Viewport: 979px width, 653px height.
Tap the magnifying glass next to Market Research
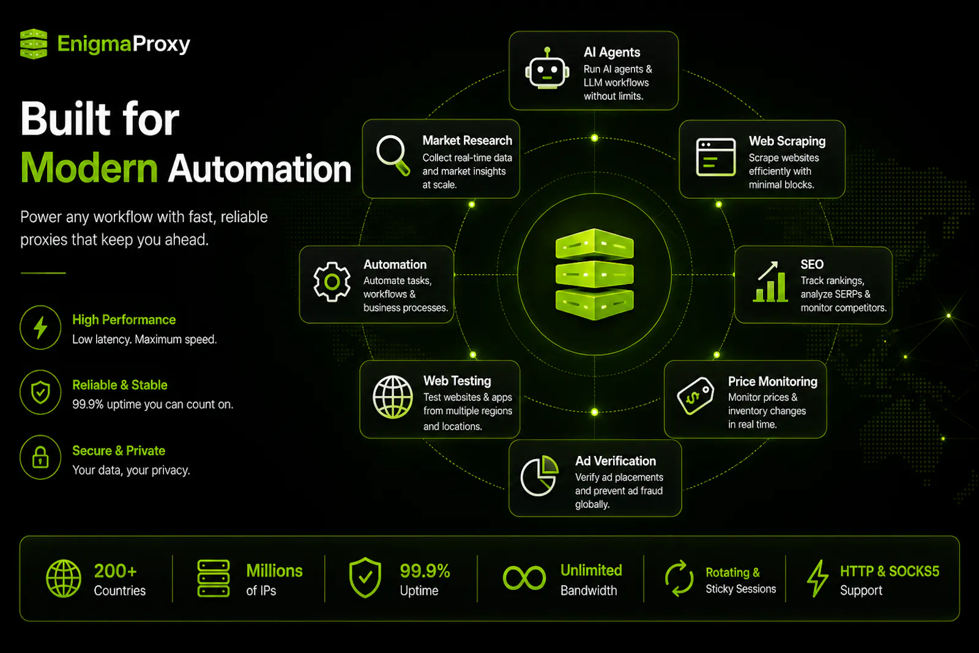click(x=393, y=155)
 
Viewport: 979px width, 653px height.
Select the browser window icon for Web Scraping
click(x=715, y=157)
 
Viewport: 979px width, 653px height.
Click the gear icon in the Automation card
click(x=332, y=282)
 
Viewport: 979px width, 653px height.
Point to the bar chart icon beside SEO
click(x=770, y=282)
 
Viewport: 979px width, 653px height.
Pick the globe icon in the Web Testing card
click(x=392, y=397)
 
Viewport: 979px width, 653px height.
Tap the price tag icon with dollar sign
click(x=695, y=395)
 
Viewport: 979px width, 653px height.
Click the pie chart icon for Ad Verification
click(x=539, y=476)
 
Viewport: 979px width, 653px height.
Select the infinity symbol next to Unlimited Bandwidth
click(x=524, y=578)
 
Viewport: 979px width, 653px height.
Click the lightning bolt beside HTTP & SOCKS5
click(x=817, y=578)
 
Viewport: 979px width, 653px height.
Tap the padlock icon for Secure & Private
click(x=40, y=457)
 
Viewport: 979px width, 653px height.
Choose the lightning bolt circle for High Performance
click(x=40, y=327)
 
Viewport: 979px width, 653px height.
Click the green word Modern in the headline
click(x=89, y=168)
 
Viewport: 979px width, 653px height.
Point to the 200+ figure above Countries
click(x=116, y=571)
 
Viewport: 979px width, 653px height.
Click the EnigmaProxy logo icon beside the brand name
click(x=34, y=43)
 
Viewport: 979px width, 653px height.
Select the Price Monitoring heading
click(x=772, y=381)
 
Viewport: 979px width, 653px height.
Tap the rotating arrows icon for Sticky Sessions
click(x=679, y=578)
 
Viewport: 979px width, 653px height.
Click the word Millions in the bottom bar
click(x=274, y=571)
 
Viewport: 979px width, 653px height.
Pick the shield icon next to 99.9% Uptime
click(x=365, y=577)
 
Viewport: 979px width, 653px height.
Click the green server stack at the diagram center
click(x=594, y=275)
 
